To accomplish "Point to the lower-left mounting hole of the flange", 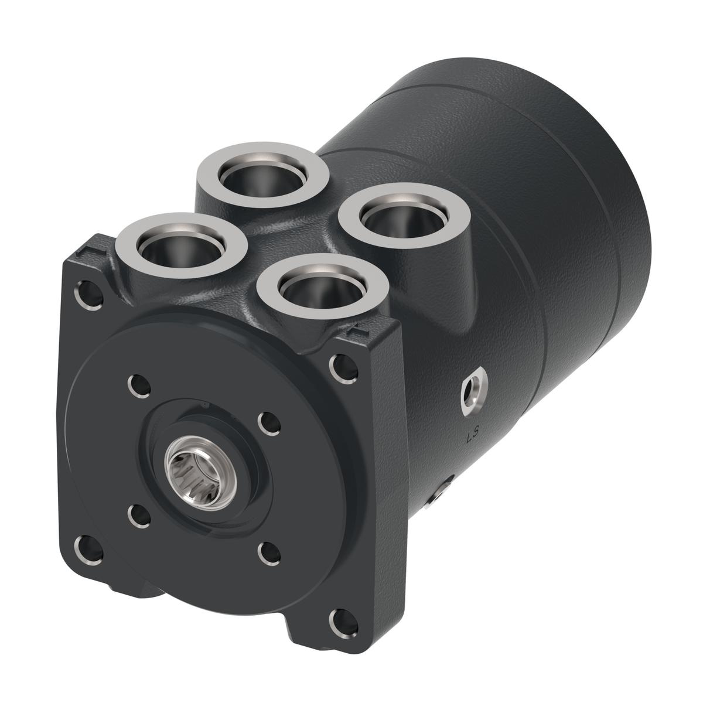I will (x=86, y=547).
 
